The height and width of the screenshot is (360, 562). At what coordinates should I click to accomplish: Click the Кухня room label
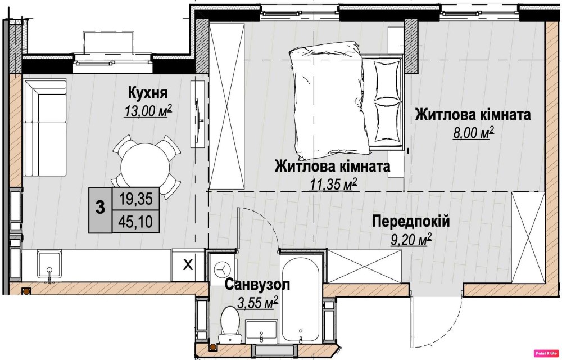[148, 93]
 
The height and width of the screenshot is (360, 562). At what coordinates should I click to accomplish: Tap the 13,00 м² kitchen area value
[148, 111]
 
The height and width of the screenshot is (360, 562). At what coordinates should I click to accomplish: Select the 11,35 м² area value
[333, 184]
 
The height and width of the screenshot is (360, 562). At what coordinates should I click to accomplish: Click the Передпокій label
[411, 221]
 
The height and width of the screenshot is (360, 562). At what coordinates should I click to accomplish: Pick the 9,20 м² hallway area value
[410, 240]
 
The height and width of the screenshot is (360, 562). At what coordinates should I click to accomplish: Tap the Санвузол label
[257, 285]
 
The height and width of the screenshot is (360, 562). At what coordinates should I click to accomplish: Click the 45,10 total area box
[136, 222]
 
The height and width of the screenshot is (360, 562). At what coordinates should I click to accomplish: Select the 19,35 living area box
[136, 199]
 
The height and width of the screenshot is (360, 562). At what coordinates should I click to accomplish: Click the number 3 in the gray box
[101, 207]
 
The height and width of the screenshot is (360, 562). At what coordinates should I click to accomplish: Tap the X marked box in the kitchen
[188, 265]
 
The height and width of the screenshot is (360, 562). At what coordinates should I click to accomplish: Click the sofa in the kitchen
[45, 128]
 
